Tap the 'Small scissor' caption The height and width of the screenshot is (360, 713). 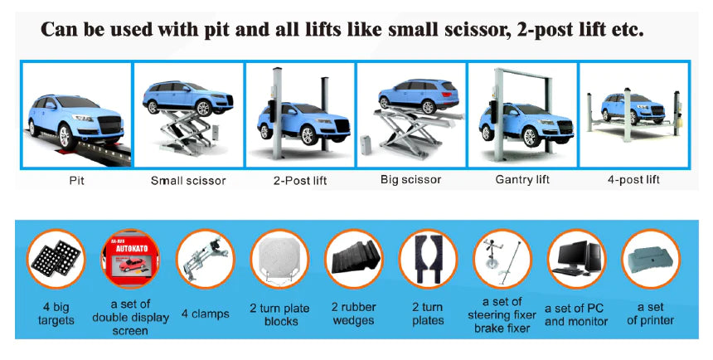point(187,179)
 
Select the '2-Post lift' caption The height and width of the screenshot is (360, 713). point(301,179)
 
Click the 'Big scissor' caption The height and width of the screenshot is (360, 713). point(410,178)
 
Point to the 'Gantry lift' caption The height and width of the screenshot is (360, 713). point(523,179)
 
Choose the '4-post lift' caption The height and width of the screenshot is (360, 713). point(634,178)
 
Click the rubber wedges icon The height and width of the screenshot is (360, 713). point(353,259)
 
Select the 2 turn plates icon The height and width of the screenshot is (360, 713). point(428,259)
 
